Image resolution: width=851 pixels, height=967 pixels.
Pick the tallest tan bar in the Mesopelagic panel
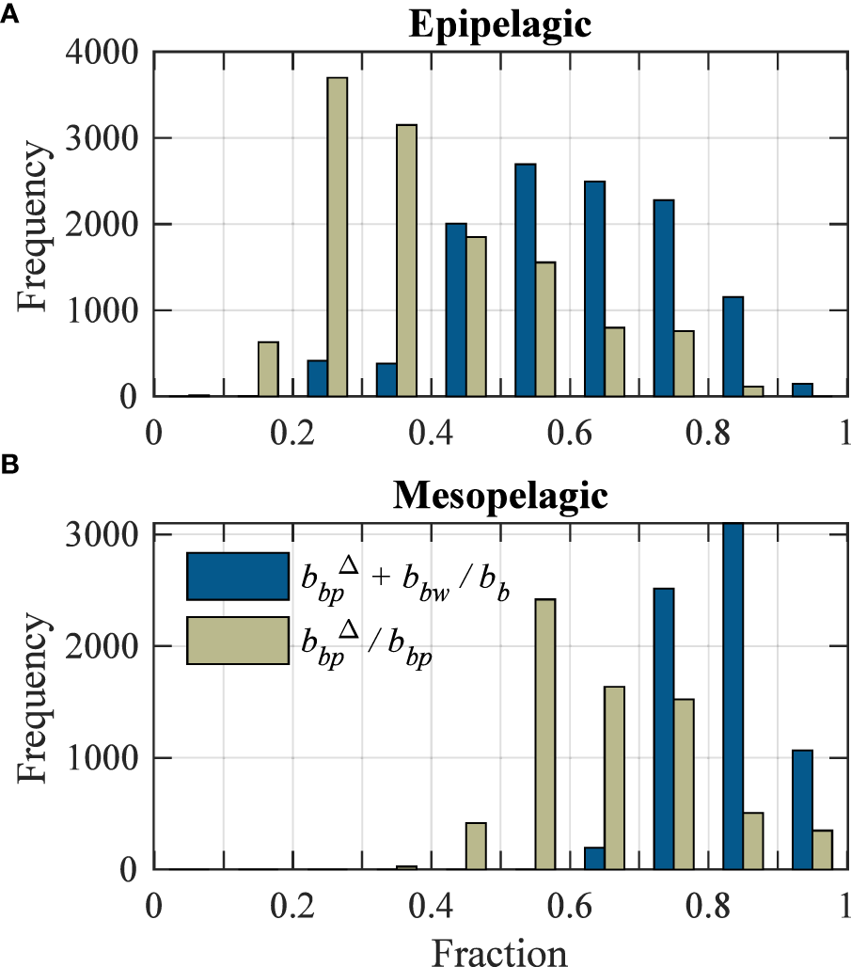point(544,734)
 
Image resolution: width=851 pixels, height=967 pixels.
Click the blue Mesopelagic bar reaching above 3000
point(733,696)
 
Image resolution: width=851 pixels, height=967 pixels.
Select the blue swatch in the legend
point(237,577)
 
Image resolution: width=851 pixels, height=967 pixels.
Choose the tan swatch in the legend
point(237,641)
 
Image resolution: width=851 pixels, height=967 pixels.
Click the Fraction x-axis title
point(499,951)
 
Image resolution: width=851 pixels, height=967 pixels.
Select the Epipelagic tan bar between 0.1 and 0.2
point(268,369)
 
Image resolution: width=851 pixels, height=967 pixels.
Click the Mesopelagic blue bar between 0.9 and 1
point(802,810)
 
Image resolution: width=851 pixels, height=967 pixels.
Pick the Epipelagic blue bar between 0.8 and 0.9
point(733,346)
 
